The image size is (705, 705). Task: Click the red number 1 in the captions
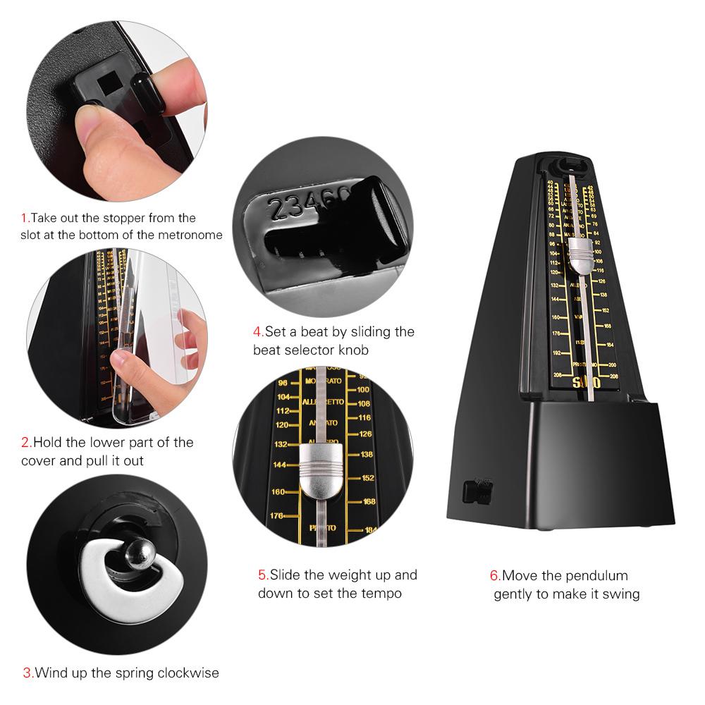(x=24, y=218)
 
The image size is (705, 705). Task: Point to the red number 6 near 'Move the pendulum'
(x=496, y=576)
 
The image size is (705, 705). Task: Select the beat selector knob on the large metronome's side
(x=479, y=491)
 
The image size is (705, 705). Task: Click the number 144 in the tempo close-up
(x=281, y=465)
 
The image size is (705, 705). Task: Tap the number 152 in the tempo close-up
(x=367, y=478)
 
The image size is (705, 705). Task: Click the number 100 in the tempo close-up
(x=364, y=389)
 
